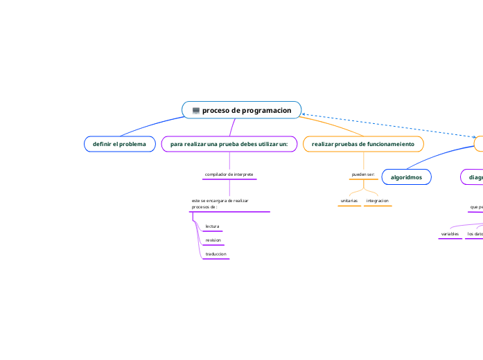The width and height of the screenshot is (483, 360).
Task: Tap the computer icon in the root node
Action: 196,111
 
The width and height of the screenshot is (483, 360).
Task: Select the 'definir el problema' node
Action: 119,144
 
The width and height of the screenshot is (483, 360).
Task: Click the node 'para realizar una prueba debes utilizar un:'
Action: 229,144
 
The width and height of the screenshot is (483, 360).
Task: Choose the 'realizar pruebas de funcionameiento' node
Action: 363,144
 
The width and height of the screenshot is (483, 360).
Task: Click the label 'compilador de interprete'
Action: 229,174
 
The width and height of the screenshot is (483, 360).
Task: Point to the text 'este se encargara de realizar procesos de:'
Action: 220,204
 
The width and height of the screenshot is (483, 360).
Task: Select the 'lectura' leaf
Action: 212,226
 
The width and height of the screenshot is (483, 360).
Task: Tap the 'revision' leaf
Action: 213,240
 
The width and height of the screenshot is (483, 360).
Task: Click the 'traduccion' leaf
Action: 216,254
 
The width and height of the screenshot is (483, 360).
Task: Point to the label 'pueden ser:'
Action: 363,174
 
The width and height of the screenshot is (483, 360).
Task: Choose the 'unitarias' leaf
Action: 349,201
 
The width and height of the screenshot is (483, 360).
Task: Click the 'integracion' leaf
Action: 378,201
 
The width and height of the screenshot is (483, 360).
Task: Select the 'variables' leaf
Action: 450,234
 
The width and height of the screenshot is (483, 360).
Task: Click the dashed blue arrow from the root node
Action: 388,125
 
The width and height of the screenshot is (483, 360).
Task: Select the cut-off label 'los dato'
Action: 475,234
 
